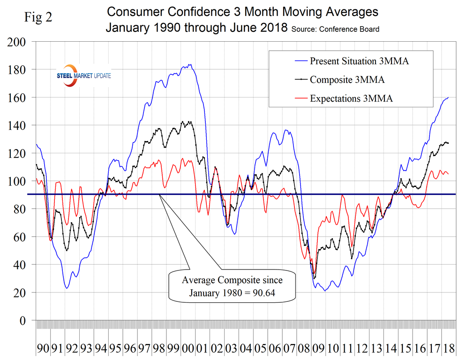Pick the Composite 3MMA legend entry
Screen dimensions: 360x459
347,80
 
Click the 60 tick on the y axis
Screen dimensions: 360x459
20,237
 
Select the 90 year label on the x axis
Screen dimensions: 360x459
43,349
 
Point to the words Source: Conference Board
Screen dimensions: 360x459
335,29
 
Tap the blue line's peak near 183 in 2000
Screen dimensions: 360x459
189,65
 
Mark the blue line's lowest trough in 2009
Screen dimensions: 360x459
324,291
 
